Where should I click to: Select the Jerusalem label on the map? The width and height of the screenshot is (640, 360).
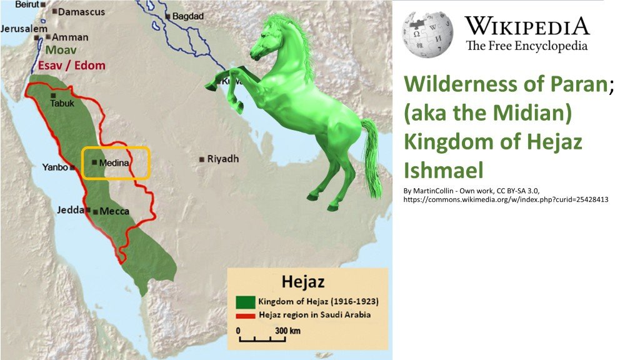[x=24, y=29]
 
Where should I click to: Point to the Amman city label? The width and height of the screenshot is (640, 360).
[x=70, y=37]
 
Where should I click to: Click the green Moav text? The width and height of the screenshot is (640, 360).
[x=61, y=51]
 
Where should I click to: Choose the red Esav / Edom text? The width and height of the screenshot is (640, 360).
[x=72, y=65]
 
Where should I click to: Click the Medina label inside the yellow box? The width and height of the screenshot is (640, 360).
[x=114, y=162]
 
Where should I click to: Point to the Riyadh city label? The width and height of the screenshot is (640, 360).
[x=222, y=159]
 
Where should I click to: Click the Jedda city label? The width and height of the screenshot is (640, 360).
[x=71, y=210]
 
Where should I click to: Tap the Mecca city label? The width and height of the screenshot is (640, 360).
[x=114, y=211]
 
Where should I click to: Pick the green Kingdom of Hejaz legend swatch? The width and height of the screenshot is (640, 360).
[x=246, y=302]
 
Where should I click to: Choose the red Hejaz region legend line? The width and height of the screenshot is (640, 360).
[x=246, y=314]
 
